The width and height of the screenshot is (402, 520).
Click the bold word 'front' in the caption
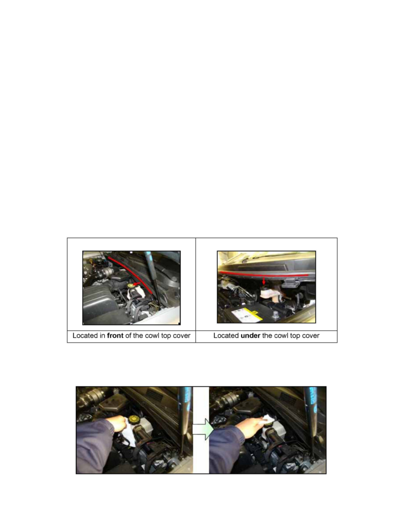click(x=115, y=336)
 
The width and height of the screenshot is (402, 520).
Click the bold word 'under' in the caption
click(x=250, y=336)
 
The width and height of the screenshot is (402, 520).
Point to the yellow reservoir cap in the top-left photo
click(x=130, y=285)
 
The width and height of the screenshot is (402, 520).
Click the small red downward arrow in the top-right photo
click(x=264, y=281)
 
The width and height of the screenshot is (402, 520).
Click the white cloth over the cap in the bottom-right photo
click(x=267, y=420)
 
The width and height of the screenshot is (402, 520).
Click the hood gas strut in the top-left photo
click(x=153, y=278)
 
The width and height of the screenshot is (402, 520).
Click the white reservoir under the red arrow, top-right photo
click(x=269, y=294)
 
